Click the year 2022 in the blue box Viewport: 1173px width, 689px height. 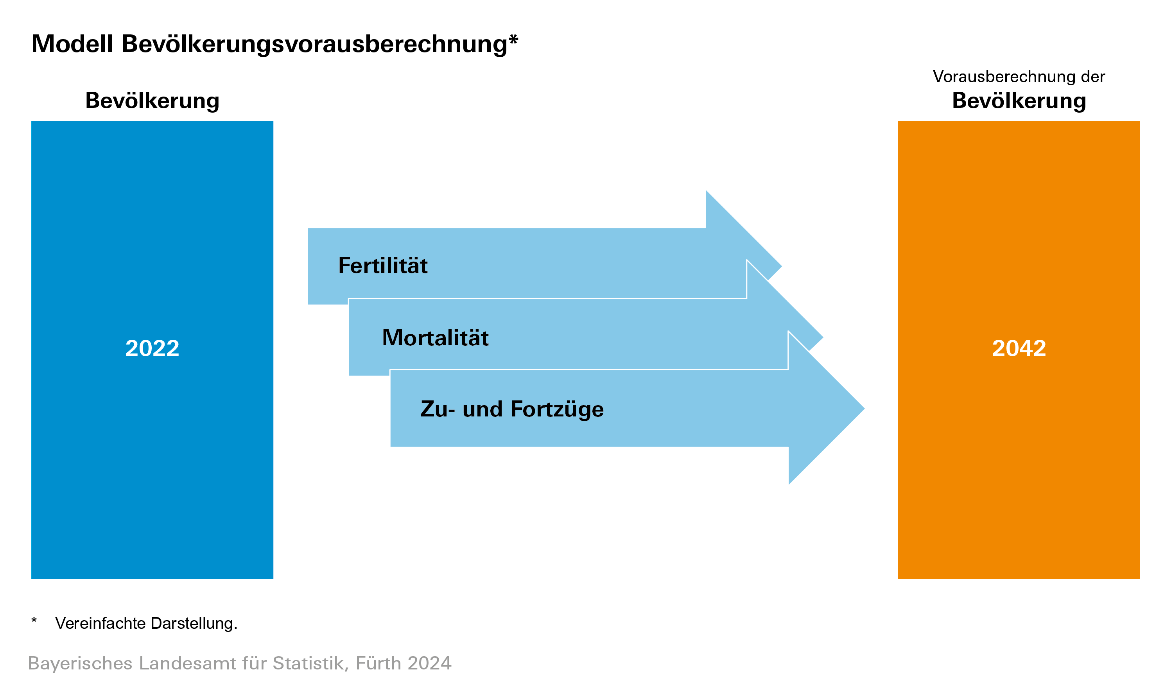(152, 348)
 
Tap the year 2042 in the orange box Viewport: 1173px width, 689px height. (1019, 348)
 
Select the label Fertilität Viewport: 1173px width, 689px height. (383, 266)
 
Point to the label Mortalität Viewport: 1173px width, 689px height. (435, 337)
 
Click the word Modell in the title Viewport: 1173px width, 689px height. (72, 44)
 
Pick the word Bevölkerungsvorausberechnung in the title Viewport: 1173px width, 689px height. (314, 45)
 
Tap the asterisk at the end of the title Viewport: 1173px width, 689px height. (513, 39)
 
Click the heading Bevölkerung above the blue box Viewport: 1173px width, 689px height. (152, 100)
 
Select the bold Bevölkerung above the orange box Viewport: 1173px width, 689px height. (1019, 100)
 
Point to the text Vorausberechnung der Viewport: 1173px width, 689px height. (1019, 76)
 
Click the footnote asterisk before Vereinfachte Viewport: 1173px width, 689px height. (34, 621)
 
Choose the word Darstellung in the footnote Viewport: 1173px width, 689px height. (192, 624)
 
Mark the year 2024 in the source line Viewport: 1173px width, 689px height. (429, 664)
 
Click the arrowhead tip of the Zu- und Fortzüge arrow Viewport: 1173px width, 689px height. (864, 409)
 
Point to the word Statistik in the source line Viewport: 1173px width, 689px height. (310, 664)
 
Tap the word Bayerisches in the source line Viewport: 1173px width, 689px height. (80, 664)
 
